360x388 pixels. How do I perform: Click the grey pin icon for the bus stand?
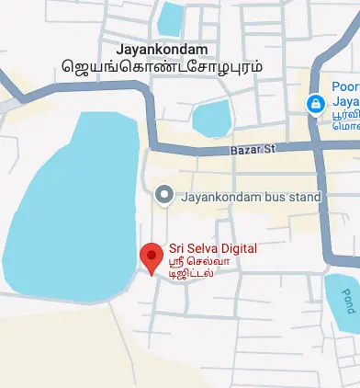tap(164, 195)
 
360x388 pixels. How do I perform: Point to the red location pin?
tap(151, 258)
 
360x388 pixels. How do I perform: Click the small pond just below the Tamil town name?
tap(212, 118)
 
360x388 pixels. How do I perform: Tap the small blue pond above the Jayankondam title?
tap(170, 17)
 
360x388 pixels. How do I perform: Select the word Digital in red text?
tap(234, 248)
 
